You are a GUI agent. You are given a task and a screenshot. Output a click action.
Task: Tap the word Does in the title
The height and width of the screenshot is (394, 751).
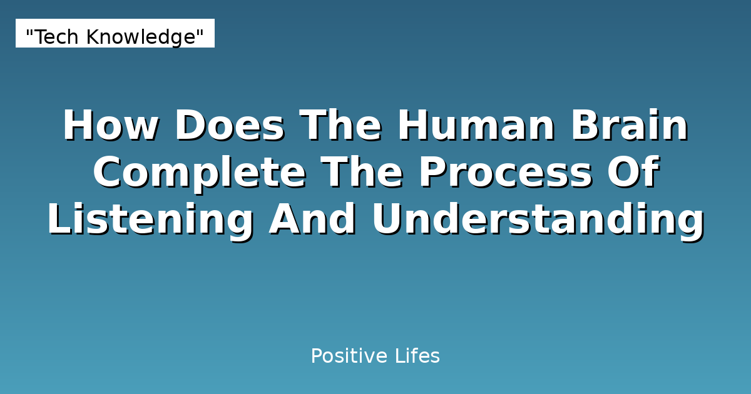pyautogui.click(x=230, y=126)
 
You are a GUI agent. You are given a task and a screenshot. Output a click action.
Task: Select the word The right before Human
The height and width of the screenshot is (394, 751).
pyautogui.click(x=340, y=126)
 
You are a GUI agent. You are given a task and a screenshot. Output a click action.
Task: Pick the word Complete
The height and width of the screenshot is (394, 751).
pyautogui.click(x=200, y=173)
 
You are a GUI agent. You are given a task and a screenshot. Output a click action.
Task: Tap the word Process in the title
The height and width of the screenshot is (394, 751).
pyautogui.click(x=506, y=173)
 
